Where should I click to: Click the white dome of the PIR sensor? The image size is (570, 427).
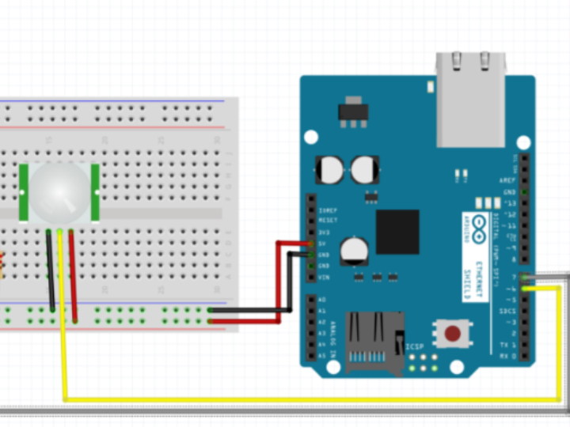[x=59, y=192]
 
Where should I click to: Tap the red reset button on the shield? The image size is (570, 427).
[x=453, y=333]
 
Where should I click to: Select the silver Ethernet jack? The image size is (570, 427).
[x=470, y=99]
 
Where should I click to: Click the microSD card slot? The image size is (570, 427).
[x=374, y=342]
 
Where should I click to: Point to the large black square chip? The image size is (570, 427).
[x=397, y=232]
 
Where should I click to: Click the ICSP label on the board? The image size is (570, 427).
[x=415, y=346]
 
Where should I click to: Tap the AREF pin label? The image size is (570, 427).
[x=507, y=181]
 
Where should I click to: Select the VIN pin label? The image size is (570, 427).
[x=323, y=278]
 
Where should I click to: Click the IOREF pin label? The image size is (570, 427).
[x=326, y=211]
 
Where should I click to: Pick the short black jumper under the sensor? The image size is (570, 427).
[x=51, y=269]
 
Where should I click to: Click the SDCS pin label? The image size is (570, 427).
[x=506, y=312]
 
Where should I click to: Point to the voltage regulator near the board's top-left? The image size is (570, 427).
[x=352, y=111]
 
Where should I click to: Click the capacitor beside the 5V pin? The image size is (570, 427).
[x=354, y=251]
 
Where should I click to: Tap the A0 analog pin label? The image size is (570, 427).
[x=322, y=300]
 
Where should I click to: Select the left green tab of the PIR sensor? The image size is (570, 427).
[x=24, y=192]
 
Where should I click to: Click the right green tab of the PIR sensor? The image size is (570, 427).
[x=95, y=192]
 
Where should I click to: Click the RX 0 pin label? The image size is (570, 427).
[x=506, y=356]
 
